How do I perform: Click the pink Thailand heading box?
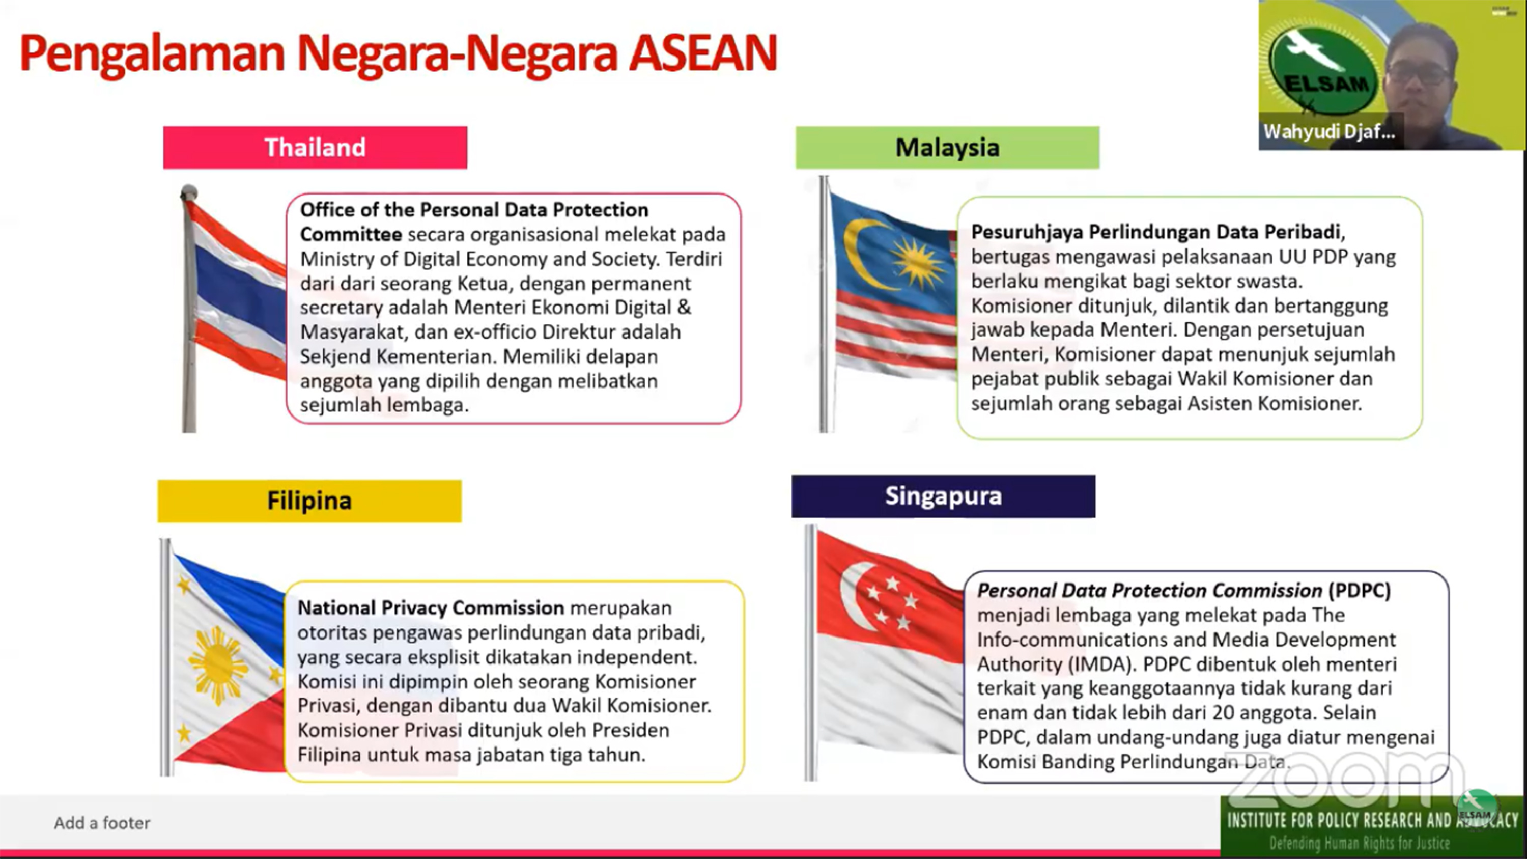[x=315, y=148]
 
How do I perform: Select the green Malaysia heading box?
[x=947, y=148]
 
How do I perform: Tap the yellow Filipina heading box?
[x=309, y=501]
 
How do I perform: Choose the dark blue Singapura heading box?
[x=943, y=495]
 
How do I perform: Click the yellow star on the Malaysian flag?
[x=917, y=262]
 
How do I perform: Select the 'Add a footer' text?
[x=102, y=823]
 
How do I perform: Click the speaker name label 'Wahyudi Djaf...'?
[x=1328, y=131]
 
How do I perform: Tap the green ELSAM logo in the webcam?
[x=1322, y=71]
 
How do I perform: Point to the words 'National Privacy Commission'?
[x=430, y=607]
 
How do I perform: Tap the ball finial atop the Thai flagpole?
[x=188, y=191]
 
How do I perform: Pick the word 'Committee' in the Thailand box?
[x=350, y=235]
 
